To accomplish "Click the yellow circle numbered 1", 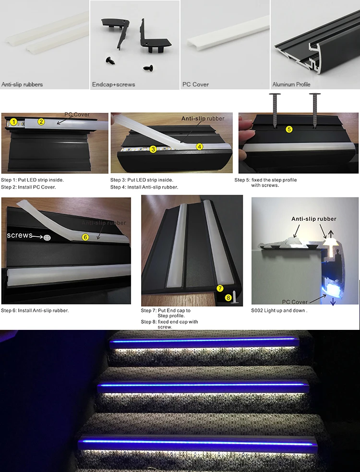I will pyautogui.click(x=14, y=122).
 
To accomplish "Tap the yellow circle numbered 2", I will pyautogui.click(x=41, y=121).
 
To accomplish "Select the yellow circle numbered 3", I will pyautogui.click(x=153, y=149).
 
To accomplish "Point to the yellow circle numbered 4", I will pyautogui.click(x=199, y=146).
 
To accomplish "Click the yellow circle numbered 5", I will pyautogui.click(x=289, y=129).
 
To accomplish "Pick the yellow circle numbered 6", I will pyautogui.click(x=85, y=237).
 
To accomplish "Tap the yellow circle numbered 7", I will pyautogui.click(x=220, y=289).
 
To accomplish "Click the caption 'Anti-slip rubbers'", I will pyautogui.click(x=22, y=85).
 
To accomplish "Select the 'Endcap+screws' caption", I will pyautogui.click(x=114, y=85).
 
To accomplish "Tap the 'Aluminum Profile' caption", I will pyautogui.click(x=291, y=85).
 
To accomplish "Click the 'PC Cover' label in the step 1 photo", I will pyautogui.click(x=77, y=115).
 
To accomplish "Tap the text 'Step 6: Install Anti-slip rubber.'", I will pyautogui.click(x=35, y=311).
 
